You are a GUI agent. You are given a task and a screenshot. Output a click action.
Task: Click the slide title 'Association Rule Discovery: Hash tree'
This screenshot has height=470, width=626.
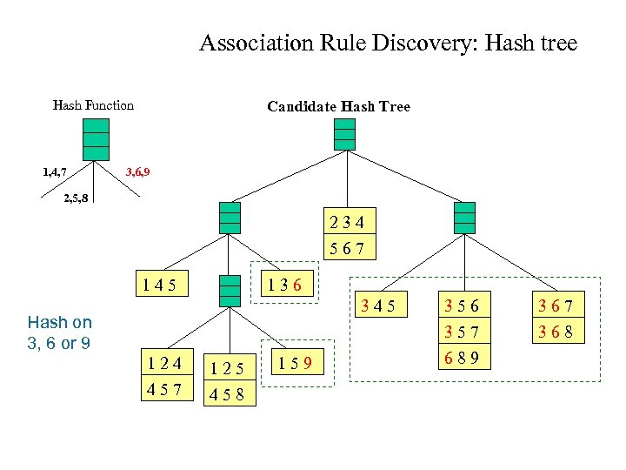388,43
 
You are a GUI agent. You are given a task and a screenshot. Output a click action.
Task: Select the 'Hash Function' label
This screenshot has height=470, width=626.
93,105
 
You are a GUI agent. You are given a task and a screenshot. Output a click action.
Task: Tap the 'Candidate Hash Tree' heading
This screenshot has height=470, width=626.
338,106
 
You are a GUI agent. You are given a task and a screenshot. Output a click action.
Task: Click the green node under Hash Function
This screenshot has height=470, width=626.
96,138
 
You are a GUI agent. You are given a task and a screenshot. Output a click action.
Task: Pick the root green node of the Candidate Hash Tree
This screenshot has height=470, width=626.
346,134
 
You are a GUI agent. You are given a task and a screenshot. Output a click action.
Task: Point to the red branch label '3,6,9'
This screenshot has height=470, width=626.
138,171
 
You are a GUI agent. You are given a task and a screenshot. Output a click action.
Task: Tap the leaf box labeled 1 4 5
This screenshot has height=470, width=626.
160,285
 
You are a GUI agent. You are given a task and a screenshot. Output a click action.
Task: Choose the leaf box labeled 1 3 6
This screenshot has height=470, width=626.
285,285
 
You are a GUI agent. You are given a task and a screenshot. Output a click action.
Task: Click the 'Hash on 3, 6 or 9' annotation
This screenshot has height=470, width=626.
59,332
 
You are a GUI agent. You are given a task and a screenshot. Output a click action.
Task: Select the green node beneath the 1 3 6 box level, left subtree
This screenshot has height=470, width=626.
230,290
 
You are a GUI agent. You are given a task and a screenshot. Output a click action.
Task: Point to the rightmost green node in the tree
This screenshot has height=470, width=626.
465,218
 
